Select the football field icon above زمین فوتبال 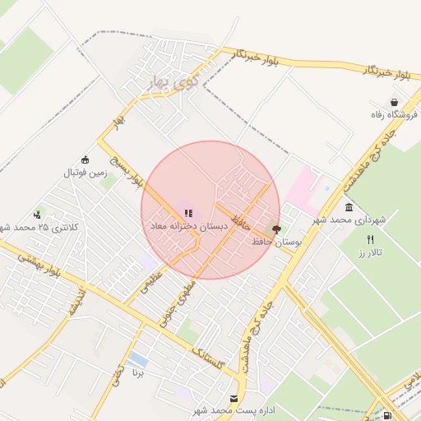point(85,160)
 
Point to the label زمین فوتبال point(85,173)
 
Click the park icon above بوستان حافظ point(275,230)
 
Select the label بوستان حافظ point(275,243)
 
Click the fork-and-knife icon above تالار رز point(370,239)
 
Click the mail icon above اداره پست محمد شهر point(235,398)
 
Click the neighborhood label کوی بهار point(175,81)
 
